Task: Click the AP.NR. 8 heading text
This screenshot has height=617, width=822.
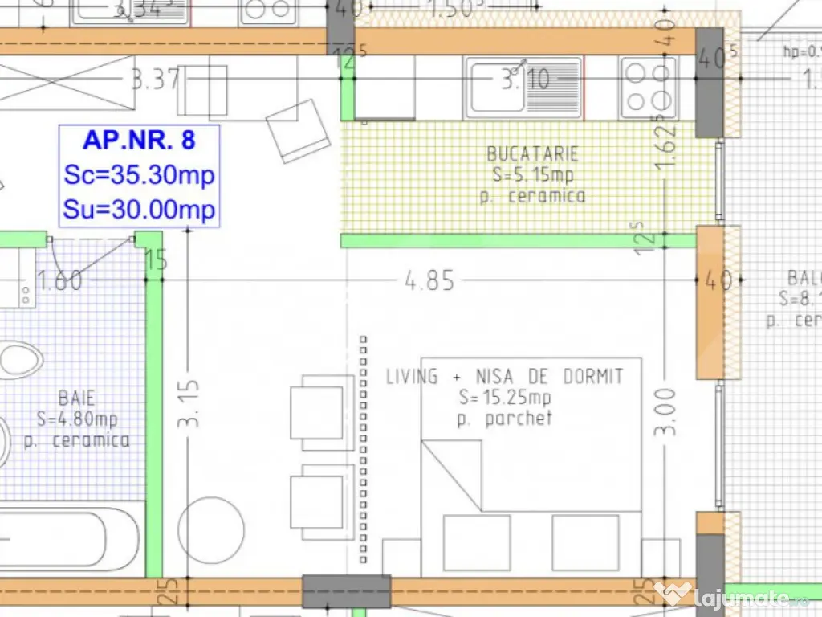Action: [x=139, y=141]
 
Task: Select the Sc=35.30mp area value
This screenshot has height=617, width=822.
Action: [x=139, y=174]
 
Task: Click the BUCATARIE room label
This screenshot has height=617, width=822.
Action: [x=532, y=154]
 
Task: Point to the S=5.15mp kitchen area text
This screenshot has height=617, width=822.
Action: [x=532, y=175]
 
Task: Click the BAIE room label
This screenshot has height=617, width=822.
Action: [x=76, y=398]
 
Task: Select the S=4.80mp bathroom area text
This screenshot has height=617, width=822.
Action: [x=78, y=419]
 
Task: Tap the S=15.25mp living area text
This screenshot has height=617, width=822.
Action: [x=505, y=398]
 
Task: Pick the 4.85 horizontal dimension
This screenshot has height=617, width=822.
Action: [x=429, y=281]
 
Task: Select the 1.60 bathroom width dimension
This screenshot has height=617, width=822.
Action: [x=59, y=281]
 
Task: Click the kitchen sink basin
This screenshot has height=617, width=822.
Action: [x=496, y=88]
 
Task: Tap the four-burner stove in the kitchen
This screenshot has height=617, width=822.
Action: [x=647, y=88]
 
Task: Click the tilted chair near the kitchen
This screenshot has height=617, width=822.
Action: [x=298, y=131]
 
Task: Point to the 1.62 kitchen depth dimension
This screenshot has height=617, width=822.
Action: [x=665, y=146]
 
